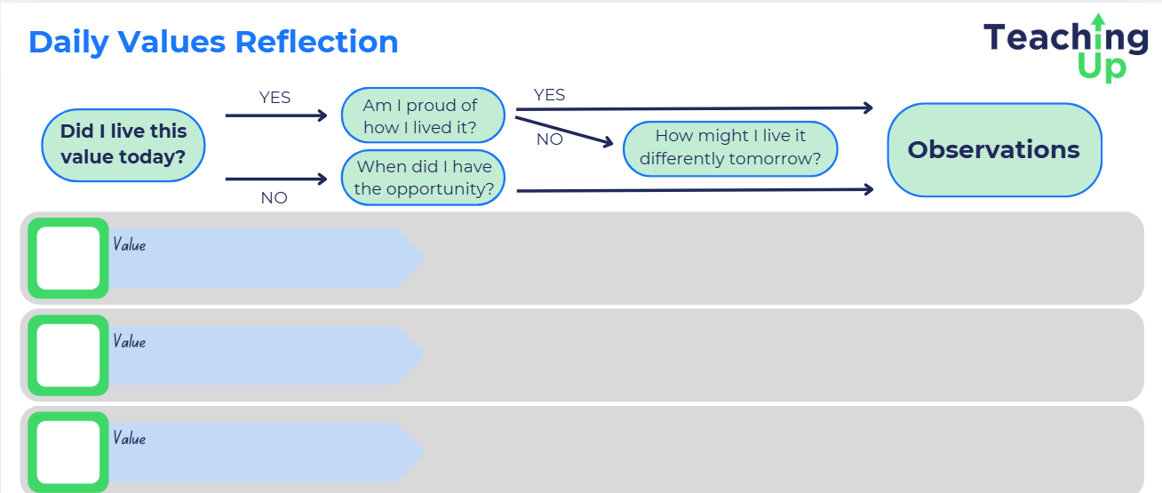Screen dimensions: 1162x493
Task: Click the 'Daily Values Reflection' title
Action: click(213, 42)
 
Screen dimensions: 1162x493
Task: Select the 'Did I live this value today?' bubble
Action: click(123, 145)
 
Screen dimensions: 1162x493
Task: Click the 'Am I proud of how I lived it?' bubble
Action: click(423, 115)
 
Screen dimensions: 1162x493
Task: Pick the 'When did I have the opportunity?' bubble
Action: click(423, 178)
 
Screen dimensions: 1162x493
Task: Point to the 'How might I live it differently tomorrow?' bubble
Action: click(730, 148)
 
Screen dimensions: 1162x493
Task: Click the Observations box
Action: click(994, 149)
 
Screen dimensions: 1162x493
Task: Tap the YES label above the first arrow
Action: click(275, 97)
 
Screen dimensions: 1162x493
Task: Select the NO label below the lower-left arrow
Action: click(274, 198)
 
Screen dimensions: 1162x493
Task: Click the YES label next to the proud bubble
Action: click(549, 94)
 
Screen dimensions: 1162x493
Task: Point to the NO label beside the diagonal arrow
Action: click(549, 139)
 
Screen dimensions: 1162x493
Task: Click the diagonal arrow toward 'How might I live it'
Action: click(564, 131)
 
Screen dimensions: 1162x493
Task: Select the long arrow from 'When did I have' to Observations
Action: click(695, 190)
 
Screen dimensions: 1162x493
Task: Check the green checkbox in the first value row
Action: click(68, 258)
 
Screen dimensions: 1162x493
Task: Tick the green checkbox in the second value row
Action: click(68, 355)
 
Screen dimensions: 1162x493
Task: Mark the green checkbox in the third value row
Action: click(68, 452)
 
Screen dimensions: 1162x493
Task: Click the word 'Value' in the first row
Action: click(129, 244)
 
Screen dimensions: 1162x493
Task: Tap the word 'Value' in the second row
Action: click(129, 341)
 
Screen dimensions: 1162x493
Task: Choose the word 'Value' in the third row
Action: click(129, 438)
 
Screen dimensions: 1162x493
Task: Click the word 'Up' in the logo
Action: click(1102, 68)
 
